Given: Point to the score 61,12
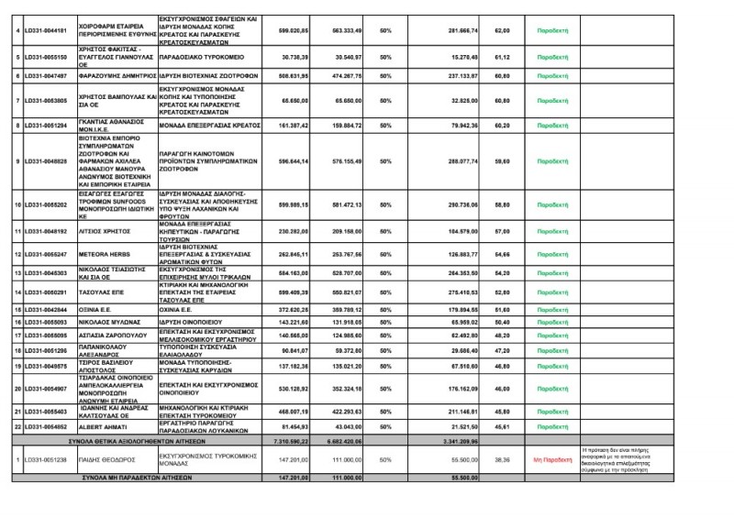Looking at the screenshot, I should click(x=501, y=56).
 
